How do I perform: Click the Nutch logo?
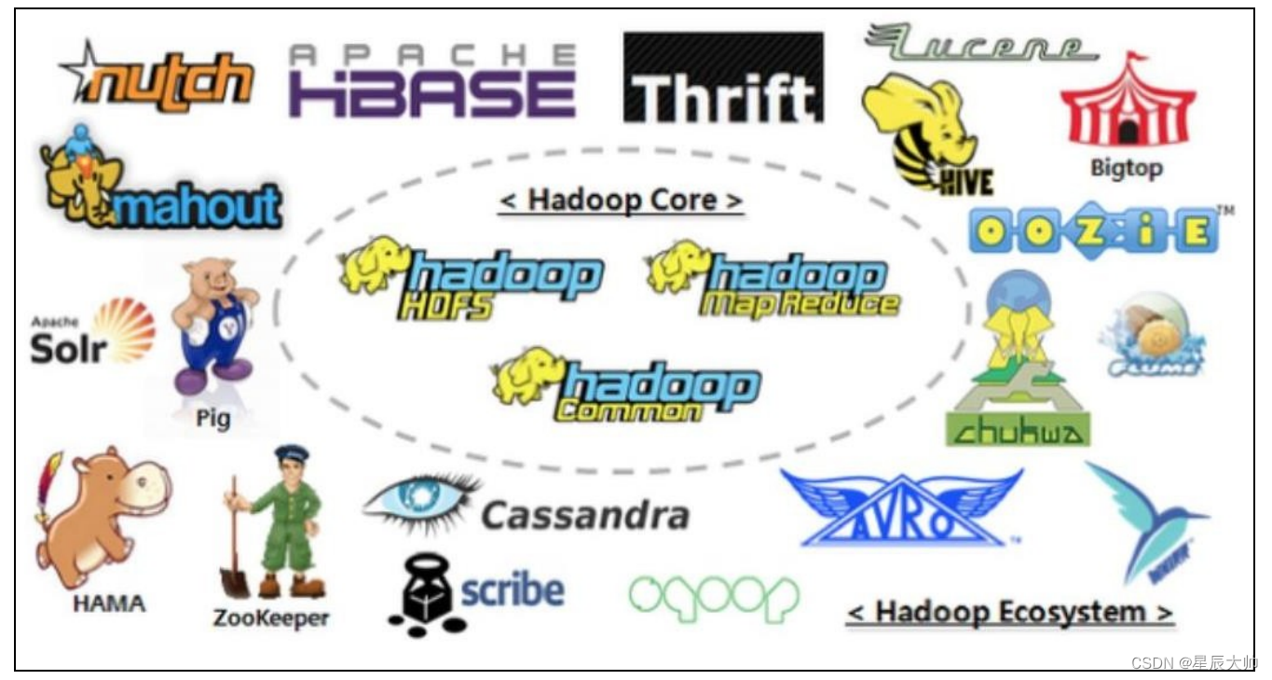[158, 77]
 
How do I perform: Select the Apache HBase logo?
[431, 82]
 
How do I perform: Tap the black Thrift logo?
[723, 79]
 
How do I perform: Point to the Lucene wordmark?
[980, 44]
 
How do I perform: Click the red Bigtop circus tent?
[1128, 104]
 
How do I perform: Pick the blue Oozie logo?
[1093, 230]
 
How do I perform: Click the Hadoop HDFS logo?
[472, 278]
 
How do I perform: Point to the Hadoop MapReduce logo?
[773, 279]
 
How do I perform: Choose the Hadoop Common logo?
[626, 383]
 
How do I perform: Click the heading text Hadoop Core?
[621, 200]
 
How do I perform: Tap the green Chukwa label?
[1018, 430]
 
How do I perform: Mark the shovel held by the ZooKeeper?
[234, 550]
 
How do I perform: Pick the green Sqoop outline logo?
[714, 597]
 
